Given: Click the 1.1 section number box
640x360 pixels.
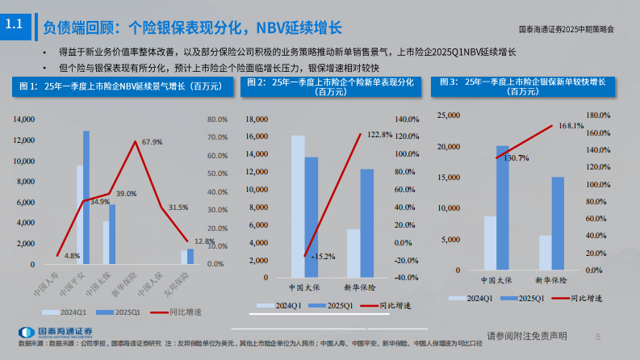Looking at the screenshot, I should coord(14,25).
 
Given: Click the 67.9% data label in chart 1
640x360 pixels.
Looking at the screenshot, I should coord(152,142).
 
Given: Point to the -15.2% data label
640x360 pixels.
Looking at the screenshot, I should coord(322,257).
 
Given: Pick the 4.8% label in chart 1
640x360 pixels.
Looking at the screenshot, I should coord(71,256).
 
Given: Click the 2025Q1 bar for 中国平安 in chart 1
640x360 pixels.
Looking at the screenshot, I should coord(86,197).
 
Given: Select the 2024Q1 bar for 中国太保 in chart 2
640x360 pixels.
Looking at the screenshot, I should coord(298,205).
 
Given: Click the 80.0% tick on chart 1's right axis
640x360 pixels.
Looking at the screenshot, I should coord(217,119).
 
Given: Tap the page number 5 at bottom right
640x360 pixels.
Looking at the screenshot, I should coord(598,337).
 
